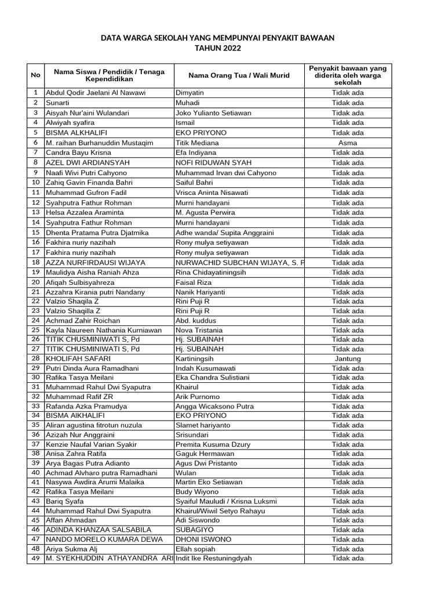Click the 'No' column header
click(35, 75)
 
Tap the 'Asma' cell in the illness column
click(348, 143)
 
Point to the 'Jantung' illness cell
click(348, 358)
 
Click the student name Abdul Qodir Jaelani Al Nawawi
click(96, 93)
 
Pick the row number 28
click(35, 358)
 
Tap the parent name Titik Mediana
click(197, 143)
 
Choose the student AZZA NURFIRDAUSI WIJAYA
click(96, 262)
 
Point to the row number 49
click(35, 559)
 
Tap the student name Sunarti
click(59, 103)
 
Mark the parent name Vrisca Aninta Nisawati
click(211, 193)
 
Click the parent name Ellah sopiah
click(195, 549)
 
